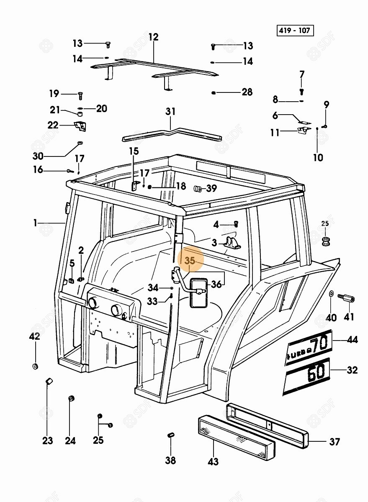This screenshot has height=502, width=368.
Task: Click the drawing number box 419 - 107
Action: point(295,31)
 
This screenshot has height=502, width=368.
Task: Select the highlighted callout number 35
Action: point(190,261)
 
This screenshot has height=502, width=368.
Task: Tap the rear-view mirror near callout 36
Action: point(198,292)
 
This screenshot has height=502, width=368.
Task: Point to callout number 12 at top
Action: point(153,37)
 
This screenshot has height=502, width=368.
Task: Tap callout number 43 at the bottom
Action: point(213,461)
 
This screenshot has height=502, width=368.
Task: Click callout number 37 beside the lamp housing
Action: point(334,441)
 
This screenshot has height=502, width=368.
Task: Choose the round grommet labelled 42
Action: point(35,366)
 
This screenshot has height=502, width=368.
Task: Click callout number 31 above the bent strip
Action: point(170,112)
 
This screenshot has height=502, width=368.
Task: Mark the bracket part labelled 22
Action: point(79,125)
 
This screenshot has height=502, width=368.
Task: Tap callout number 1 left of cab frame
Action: point(36,223)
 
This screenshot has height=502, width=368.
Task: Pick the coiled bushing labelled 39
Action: point(198,189)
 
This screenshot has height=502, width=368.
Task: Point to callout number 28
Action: point(247,92)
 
